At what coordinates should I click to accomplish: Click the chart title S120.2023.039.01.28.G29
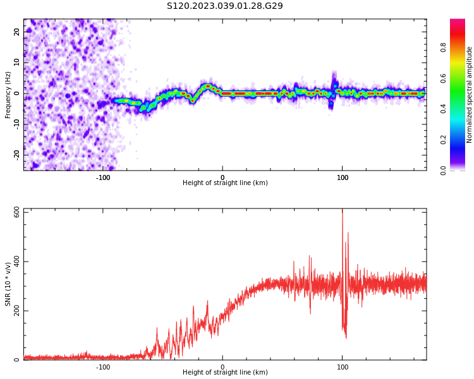(x=224, y=6)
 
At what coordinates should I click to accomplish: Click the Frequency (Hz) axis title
(x=8, y=94)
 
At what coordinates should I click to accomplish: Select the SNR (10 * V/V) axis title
(x=8, y=284)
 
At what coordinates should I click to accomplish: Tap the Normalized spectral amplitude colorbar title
(x=470, y=94)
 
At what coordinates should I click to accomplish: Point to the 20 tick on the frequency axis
(x=17, y=32)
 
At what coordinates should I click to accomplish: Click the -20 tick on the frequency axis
(x=17, y=155)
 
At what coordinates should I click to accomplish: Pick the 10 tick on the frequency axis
(x=17, y=63)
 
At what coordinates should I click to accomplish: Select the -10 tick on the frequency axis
(x=17, y=124)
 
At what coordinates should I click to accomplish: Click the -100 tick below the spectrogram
(x=103, y=177)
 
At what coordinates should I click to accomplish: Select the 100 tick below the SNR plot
(x=342, y=367)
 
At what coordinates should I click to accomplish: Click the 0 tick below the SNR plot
(x=222, y=367)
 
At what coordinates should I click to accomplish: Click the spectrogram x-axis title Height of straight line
(x=225, y=183)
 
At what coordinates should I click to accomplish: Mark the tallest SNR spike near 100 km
(x=343, y=212)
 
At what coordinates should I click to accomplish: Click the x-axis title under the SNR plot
(x=225, y=373)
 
